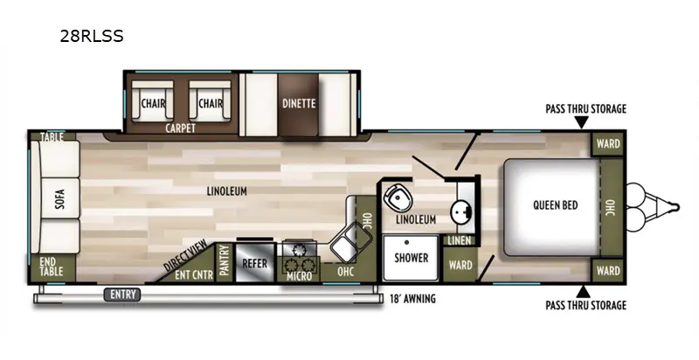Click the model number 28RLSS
92,36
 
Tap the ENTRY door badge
122,294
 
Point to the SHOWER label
411,258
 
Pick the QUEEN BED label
555,205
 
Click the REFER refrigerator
254,263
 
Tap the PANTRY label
225,261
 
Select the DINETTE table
298,104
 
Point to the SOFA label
60,198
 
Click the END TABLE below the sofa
52,267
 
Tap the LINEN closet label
460,240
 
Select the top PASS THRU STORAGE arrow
582,122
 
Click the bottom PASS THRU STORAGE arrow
583,292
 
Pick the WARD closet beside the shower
460,265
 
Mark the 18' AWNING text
412,299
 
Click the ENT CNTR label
194,275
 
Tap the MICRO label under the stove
299,276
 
